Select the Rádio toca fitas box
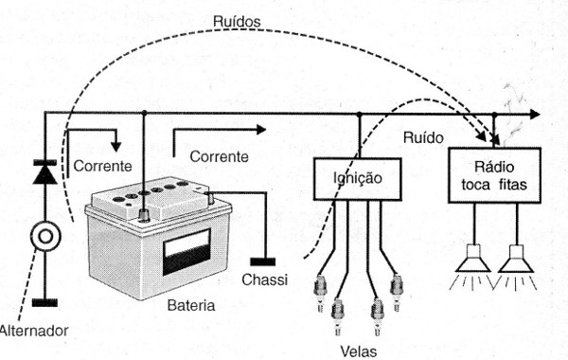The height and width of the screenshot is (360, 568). pyautogui.click(x=494, y=175)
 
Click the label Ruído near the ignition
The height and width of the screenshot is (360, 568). pyautogui.click(x=423, y=136)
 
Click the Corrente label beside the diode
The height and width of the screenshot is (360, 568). pyautogui.click(x=100, y=167)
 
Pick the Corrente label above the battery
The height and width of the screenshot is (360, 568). pyautogui.click(x=219, y=154)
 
